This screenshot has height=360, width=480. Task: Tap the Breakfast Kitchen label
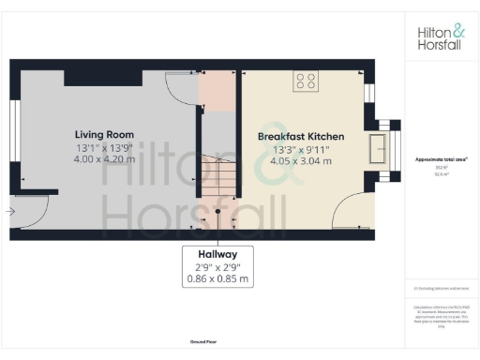[x=301, y=137]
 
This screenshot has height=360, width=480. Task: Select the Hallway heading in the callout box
[x=217, y=254]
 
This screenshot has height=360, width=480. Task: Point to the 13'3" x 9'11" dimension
[x=301, y=149]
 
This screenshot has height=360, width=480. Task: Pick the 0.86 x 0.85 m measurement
[x=217, y=278]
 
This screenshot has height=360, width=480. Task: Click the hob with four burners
[x=306, y=82]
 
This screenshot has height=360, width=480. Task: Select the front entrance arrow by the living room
[x=8, y=212]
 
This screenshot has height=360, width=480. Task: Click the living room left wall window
[x=14, y=131]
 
